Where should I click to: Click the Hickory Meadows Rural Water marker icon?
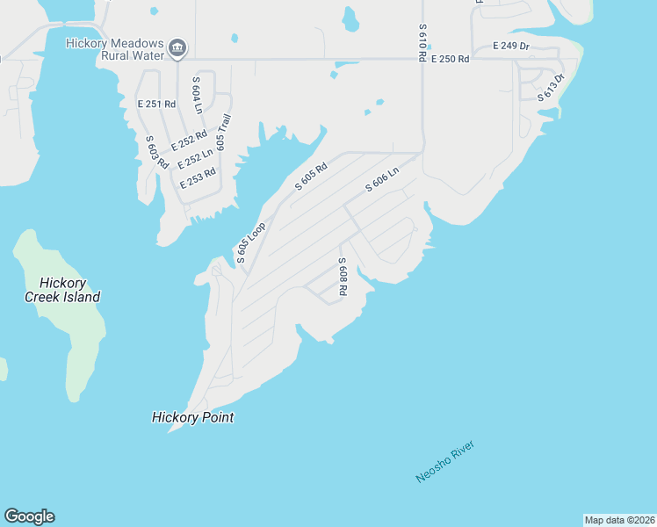coord(177,48)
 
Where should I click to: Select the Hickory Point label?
coord(192,418)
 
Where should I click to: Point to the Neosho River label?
coord(445,462)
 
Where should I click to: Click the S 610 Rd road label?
coord(422,42)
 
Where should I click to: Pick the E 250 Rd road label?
coord(449,59)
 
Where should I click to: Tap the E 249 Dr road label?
coord(511,45)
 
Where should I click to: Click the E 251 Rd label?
coord(157,104)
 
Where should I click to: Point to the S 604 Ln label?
coord(197,95)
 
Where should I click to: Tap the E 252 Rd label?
coord(189,140)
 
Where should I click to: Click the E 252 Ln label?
coord(195,158)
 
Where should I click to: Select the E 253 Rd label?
coord(198,178)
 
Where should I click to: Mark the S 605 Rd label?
coord(311,176)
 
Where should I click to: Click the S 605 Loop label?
coord(250,242)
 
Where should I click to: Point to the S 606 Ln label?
coord(382,179)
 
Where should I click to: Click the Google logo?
coord(29,516)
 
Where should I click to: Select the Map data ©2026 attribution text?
coord(619,520)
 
